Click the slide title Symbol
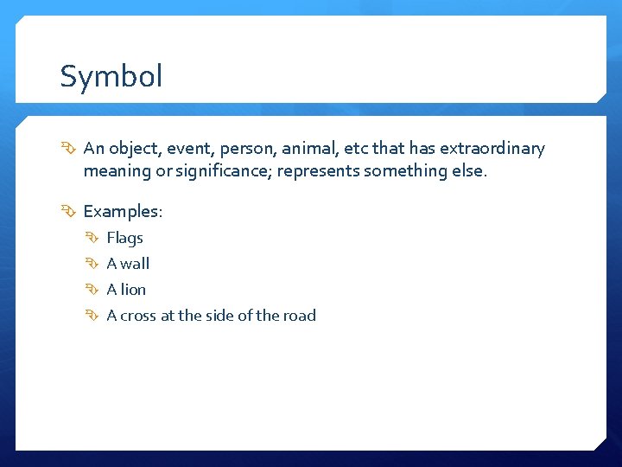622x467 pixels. coord(111,77)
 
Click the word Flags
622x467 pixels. coord(124,238)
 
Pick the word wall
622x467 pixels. coord(135,264)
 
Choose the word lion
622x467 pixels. coord(134,290)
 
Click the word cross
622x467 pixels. coord(138,316)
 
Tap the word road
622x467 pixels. coord(299,316)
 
